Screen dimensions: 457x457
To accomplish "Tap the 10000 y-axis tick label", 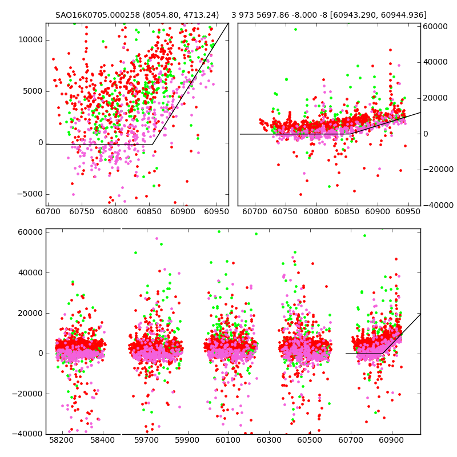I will (30, 39).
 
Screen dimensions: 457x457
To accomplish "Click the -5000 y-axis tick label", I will (29, 194).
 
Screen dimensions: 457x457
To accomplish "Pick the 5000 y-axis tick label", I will (32, 91).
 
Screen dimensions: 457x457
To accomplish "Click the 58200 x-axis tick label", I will (61, 441).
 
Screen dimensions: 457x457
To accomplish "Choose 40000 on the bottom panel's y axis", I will (30, 272).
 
